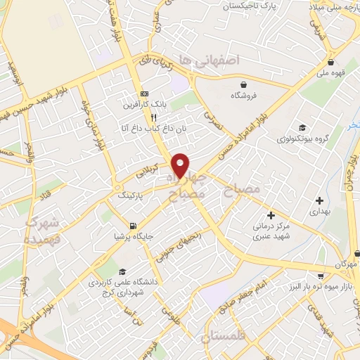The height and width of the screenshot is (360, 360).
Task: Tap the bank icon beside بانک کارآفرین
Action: [x=144, y=94]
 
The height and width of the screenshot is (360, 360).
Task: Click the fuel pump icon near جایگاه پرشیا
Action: [x=132, y=226]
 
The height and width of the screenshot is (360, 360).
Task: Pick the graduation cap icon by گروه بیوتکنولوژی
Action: [x=302, y=127]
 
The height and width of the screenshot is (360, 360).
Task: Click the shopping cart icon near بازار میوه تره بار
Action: [x=321, y=276]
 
